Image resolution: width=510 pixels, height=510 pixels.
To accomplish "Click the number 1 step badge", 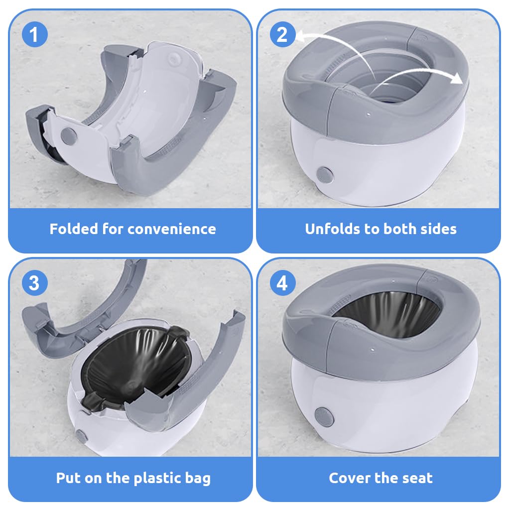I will [34, 35].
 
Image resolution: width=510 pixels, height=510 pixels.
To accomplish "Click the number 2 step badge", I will [282, 35].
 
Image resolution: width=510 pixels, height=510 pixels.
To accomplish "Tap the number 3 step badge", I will [34, 283].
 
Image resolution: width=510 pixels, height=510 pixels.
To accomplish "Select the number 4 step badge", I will [282, 283].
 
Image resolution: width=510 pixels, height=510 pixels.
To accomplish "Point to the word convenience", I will [171, 229].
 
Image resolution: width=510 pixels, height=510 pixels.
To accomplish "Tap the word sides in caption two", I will [438, 229].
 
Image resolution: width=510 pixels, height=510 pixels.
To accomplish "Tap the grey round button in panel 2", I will [324, 174].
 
